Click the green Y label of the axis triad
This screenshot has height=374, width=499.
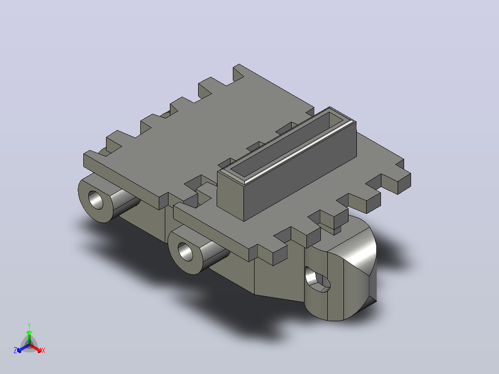click(29, 325)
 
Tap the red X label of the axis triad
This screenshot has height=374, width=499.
click(44, 350)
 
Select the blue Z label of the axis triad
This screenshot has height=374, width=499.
click(15, 350)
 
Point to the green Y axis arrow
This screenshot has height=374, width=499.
click(29, 337)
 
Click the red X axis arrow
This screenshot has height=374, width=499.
click(36, 348)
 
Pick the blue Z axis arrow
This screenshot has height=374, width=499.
click(23, 348)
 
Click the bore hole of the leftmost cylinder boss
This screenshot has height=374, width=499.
click(96, 200)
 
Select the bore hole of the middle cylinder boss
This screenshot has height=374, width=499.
click(185, 251)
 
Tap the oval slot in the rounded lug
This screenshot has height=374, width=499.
click(317, 280)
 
